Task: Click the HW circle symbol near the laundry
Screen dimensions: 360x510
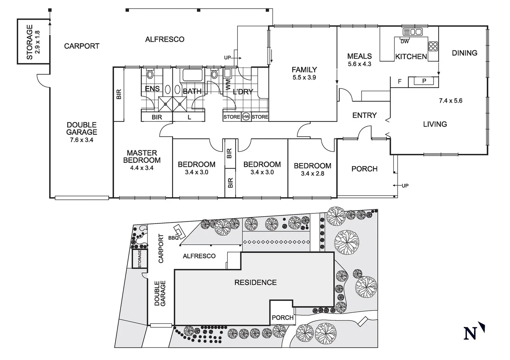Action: coord(246,117)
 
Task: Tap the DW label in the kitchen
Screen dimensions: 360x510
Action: coord(405,42)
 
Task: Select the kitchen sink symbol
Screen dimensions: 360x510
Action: coord(413,32)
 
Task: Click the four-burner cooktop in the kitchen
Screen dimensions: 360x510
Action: coord(433,46)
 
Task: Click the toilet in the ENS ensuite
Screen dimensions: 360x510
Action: coord(150,74)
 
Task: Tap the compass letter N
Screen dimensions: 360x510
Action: coord(470,333)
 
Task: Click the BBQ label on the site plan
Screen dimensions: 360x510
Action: coord(173,238)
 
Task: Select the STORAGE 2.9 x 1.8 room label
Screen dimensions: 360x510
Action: coord(33,42)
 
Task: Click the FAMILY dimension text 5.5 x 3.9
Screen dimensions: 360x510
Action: coord(304,77)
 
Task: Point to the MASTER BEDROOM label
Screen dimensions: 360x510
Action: coord(142,156)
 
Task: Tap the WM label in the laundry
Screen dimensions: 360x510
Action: coord(228,84)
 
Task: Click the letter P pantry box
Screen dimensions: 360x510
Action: coord(424,81)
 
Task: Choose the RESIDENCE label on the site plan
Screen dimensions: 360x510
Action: coord(256,282)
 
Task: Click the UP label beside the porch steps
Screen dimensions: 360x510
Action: coord(405,186)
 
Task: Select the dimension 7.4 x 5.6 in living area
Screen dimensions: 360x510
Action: coord(450,101)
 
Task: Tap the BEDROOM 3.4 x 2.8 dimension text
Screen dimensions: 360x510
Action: coord(312,173)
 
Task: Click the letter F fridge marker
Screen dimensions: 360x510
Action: coord(400,81)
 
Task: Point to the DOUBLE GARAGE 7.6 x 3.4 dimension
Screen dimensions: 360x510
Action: coord(81,140)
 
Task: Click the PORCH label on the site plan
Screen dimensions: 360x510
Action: coord(283,318)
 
